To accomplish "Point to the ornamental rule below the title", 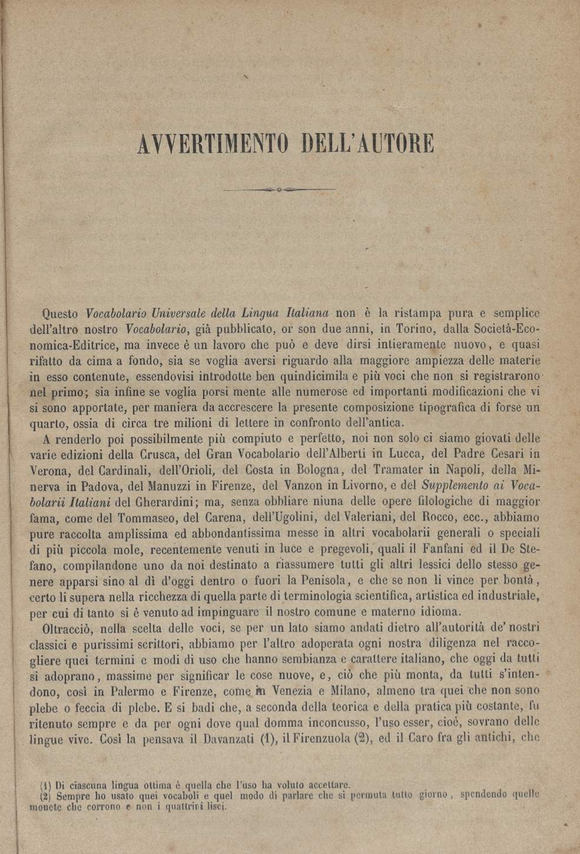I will click(280, 189).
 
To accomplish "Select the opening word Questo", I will click(62, 313).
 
